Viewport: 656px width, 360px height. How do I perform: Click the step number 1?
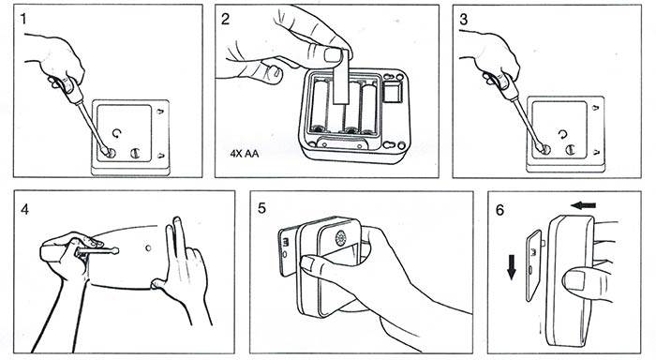[23, 20]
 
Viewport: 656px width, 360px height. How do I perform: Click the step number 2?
[226, 20]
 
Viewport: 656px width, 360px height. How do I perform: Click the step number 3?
[464, 20]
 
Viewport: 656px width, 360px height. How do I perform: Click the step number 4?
[25, 209]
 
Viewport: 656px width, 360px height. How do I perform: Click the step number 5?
[261, 208]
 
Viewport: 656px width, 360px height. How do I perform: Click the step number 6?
[499, 210]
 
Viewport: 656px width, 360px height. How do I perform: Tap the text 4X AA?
[245, 154]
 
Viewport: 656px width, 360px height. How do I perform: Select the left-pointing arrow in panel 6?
[584, 205]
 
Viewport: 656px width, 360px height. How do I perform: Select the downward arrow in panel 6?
[512, 268]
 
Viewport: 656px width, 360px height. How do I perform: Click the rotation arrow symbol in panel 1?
[117, 134]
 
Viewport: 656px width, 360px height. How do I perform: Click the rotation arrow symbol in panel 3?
[563, 135]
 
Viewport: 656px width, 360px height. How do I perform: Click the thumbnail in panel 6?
[575, 280]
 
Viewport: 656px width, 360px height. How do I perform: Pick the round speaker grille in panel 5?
[341, 238]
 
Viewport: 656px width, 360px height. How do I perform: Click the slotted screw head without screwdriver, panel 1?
[135, 153]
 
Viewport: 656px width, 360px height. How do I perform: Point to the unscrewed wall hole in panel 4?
[148, 248]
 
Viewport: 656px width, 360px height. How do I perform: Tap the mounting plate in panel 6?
[533, 265]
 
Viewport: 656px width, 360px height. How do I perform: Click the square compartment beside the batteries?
[391, 92]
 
